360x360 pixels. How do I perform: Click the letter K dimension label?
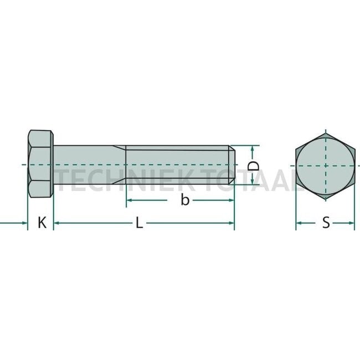pyautogui.click(x=42, y=223)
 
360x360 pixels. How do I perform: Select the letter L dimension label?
pyautogui.click(x=140, y=223)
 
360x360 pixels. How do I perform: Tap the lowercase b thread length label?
pyautogui.click(x=185, y=200)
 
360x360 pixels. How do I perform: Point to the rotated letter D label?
pyautogui.click(x=253, y=166)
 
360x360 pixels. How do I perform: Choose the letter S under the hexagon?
pyautogui.click(x=326, y=223)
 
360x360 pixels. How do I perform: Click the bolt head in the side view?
pyautogui.click(x=40, y=165)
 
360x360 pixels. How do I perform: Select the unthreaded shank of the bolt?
pyautogui.click(x=89, y=165)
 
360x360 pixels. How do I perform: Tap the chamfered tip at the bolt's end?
pyautogui.click(x=233, y=165)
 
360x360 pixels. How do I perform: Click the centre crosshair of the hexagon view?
pyautogui.click(x=325, y=165)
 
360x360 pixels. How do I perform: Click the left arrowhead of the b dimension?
pyautogui.click(x=130, y=200)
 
